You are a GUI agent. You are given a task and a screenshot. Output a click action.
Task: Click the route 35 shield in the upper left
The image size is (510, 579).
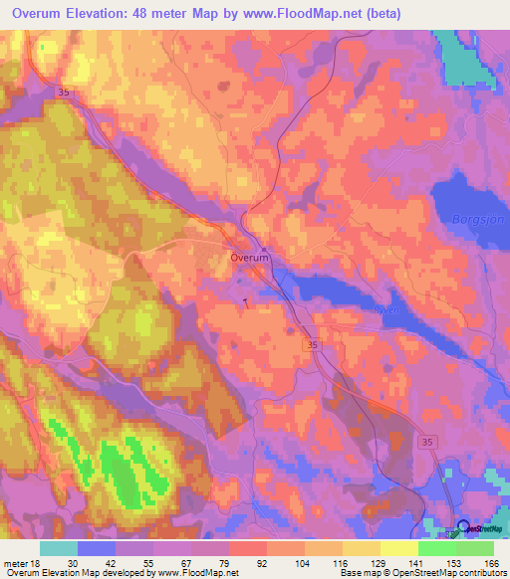pos(66,92)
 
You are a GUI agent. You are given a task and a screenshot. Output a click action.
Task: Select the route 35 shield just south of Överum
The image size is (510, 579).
pos(313,343)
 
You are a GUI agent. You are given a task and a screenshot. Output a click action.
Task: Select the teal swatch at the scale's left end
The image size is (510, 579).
pos(59,548)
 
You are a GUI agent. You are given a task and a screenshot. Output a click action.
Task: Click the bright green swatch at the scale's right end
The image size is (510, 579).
pos(475,548)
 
